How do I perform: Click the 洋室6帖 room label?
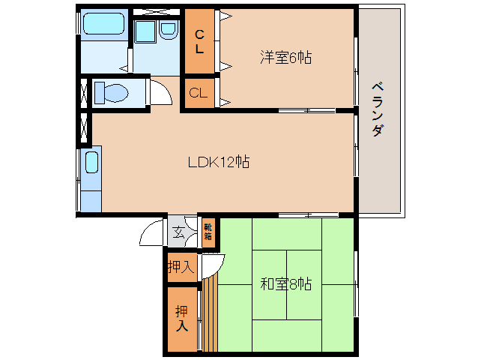pyautogui.click(x=285, y=57)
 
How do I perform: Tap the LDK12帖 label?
pyautogui.click(x=219, y=161)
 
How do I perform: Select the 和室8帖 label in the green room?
pyautogui.click(x=285, y=284)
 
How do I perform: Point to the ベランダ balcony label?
pyautogui.click(x=378, y=109)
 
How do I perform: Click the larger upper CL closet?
pyautogui.click(x=199, y=41)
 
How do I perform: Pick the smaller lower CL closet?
pyautogui.click(x=199, y=94)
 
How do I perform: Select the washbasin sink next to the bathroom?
pyautogui.click(x=167, y=31)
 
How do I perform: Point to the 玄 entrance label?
pyautogui.click(x=179, y=232)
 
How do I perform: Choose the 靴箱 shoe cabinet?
pyautogui.click(x=208, y=232)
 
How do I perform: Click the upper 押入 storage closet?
pyautogui.click(x=181, y=266)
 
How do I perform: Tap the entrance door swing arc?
pyautogui.click(x=152, y=233)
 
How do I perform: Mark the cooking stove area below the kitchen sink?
pyautogui.click(x=91, y=196)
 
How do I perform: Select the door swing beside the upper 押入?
pyautogui.click(x=212, y=264)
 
